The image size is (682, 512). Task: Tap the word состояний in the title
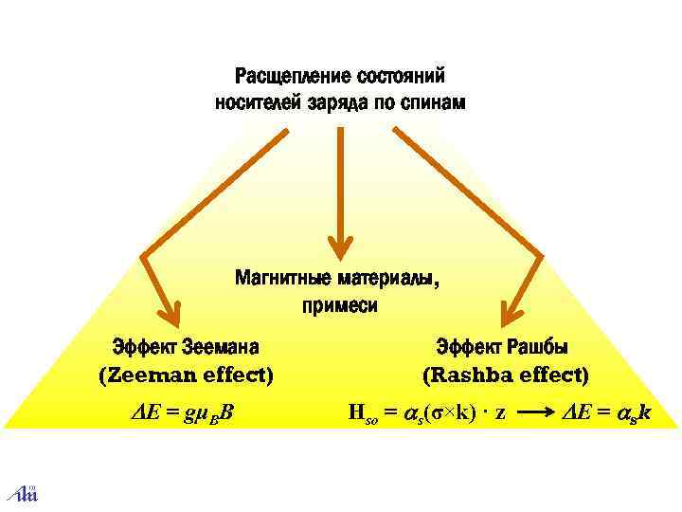[398, 75]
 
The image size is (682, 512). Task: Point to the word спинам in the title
[434, 101]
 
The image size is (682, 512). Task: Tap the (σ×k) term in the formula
[448, 412]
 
